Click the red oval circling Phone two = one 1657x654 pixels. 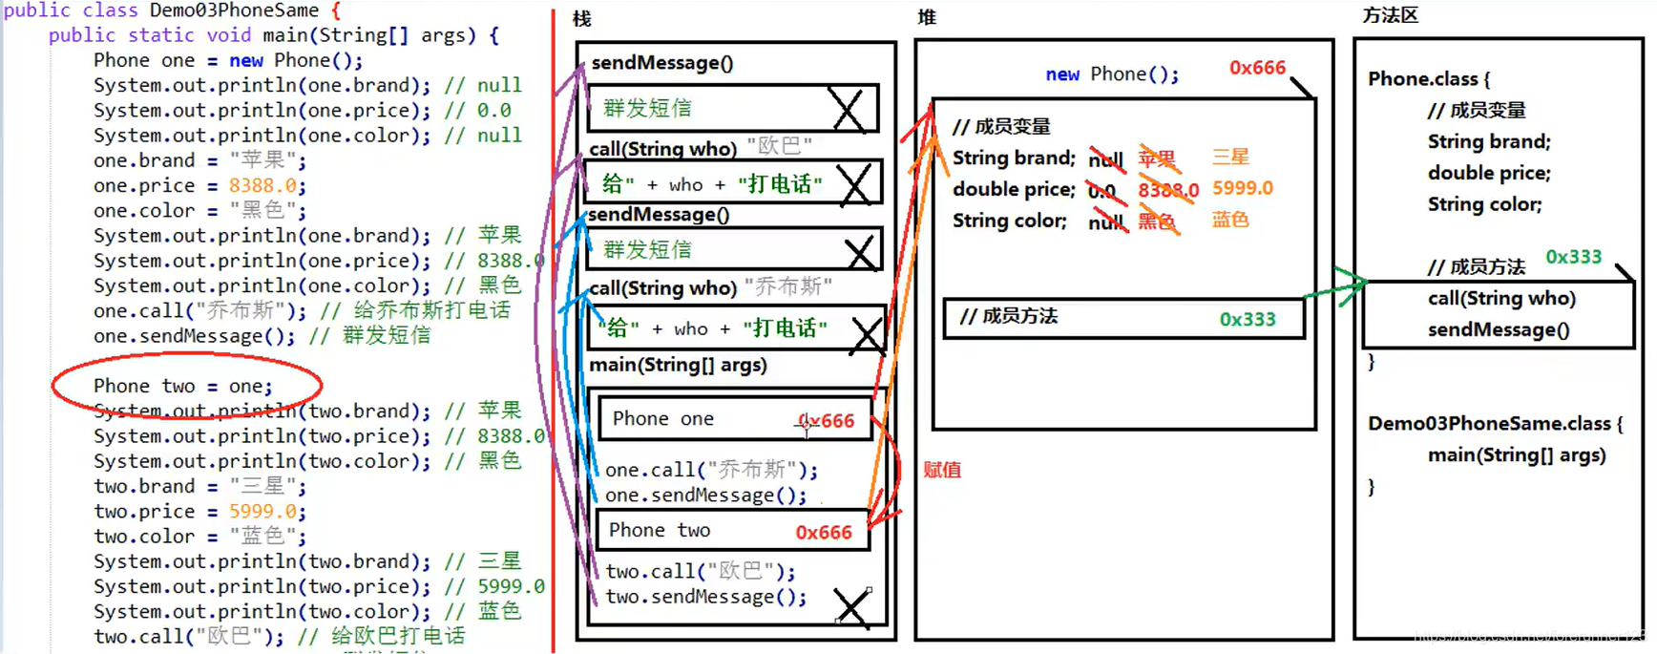pyautogui.click(x=186, y=385)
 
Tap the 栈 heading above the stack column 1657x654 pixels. pyautogui.click(x=582, y=18)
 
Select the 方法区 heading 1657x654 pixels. pyautogui.click(x=1390, y=15)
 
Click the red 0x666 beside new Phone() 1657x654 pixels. pyautogui.click(x=1257, y=68)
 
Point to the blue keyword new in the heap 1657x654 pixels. pyautogui.click(x=1062, y=74)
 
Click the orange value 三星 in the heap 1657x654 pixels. pyautogui.click(x=1230, y=157)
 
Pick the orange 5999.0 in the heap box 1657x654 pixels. pyautogui.click(x=1242, y=188)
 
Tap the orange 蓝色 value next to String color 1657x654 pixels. pyautogui.click(x=1230, y=220)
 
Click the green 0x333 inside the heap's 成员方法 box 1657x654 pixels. pyautogui.click(x=1248, y=319)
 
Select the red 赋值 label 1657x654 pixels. pyautogui.click(x=942, y=470)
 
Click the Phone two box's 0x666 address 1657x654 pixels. pyautogui.click(x=824, y=532)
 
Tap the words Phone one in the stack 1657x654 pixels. pyautogui.click(x=662, y=419)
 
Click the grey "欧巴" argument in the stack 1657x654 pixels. pyautogui.click(x=779, y=146)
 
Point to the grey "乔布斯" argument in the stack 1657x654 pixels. pyautogui.click(x=788, y=286)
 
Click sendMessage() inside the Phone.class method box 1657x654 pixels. pyautogui.click(x=1498, y=329)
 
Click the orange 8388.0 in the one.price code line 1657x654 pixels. pyautogui.click(x=262, y=185)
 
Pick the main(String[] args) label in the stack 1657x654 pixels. pyautogui.click(x=678, y=365)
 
